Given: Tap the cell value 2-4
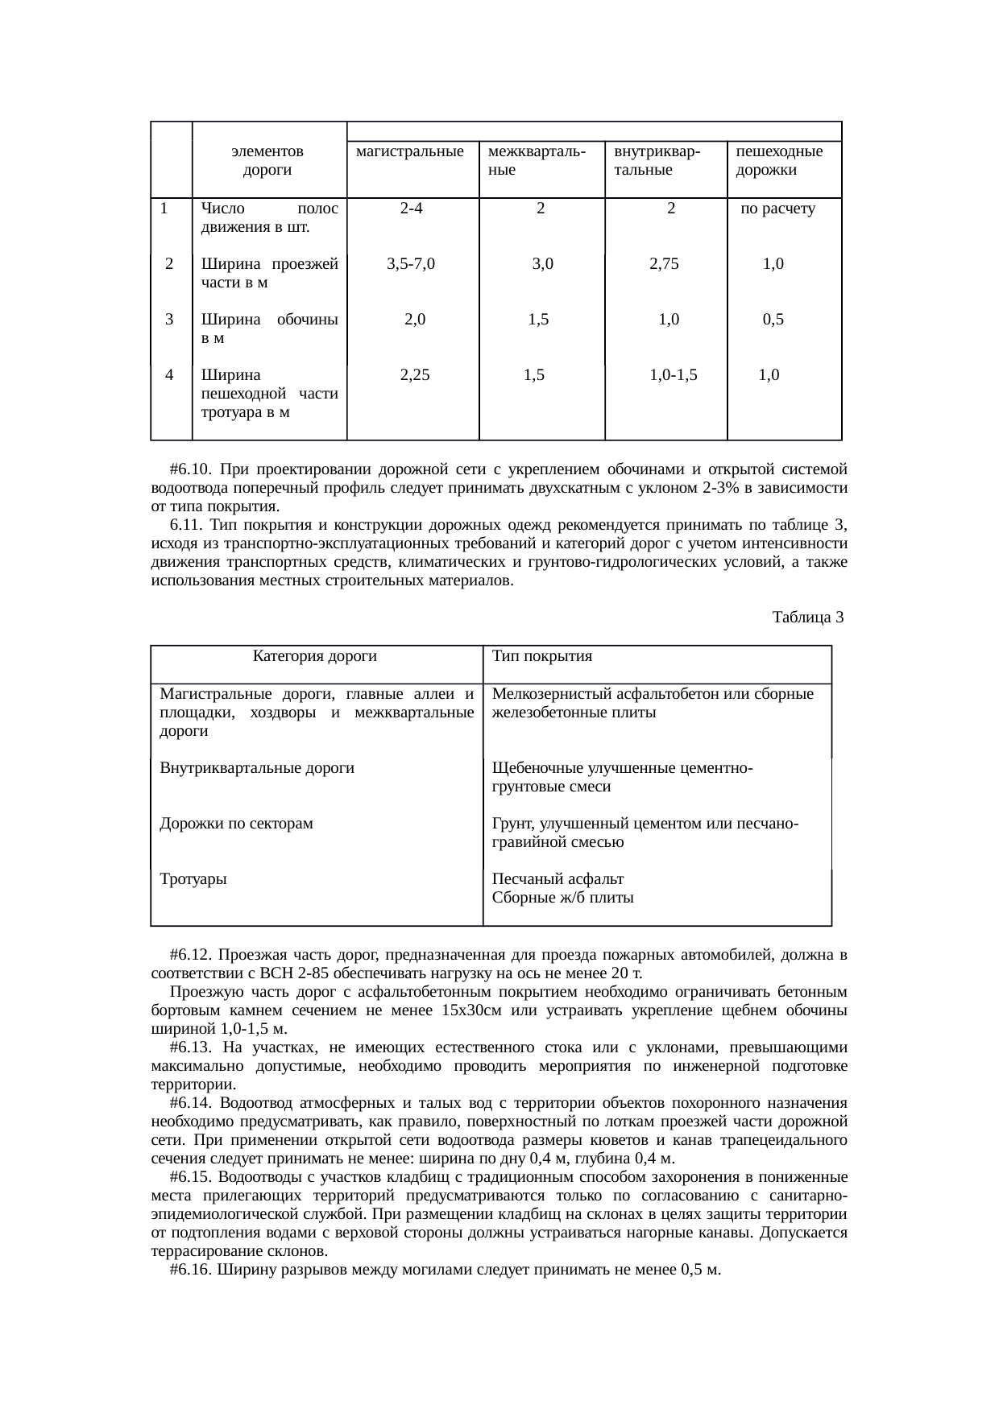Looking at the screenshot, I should click(412, 209).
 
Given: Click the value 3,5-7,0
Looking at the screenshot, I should click(411, 263).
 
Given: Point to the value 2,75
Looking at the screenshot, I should click(665, 263).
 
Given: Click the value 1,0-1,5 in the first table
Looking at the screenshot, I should click(674, 374).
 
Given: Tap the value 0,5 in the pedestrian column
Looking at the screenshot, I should click(773, 319).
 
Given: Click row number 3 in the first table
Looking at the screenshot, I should click(169, 319).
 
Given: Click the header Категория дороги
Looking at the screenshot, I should click(315, 656).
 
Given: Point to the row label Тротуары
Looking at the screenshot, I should click(193, 879).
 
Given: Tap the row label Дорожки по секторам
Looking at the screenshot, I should click(237, 824).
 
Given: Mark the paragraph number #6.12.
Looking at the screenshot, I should click(191, 955).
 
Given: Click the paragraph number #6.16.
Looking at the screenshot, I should click(191, 1270).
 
